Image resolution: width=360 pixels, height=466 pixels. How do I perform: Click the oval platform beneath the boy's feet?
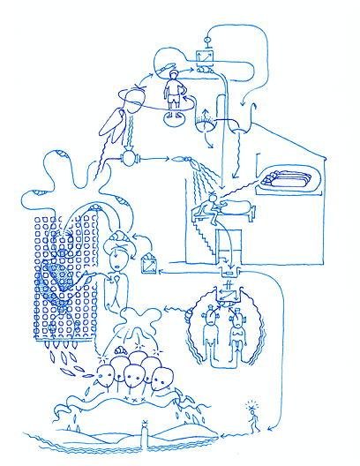pyautogui.click(x=174, y=112)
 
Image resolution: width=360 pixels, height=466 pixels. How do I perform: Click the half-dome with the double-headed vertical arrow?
pyautogui.click(x=206, y=122)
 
